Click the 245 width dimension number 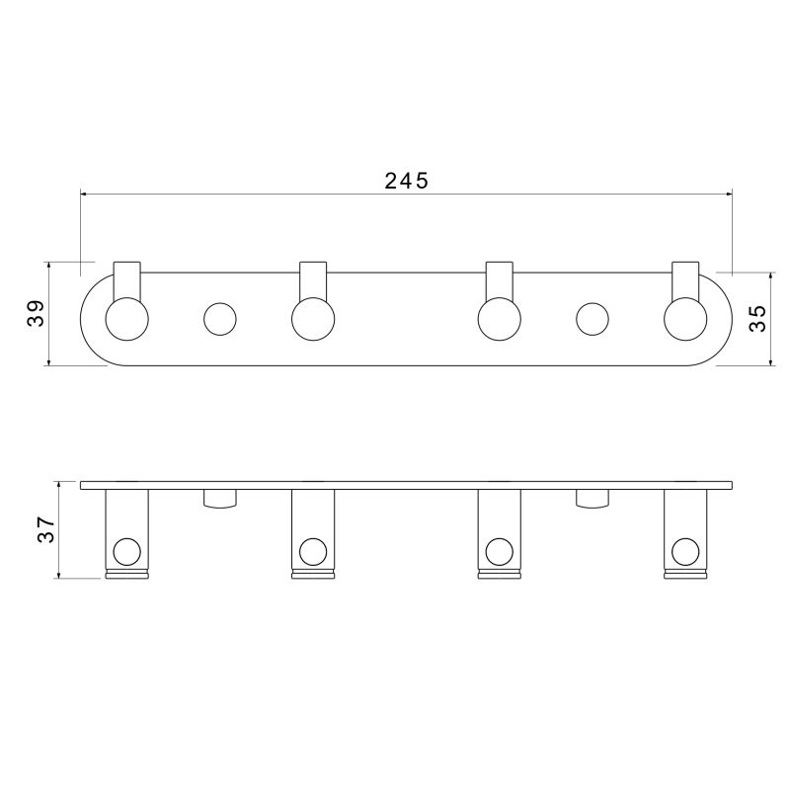click(406, 180)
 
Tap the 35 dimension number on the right click(757, 318)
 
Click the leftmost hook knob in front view click(127, 318)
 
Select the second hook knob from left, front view click(313, 318)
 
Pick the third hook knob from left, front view click(499, 318)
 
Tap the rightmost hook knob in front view click(684, 318)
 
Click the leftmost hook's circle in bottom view click(127, 550)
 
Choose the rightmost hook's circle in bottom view click(684, 550)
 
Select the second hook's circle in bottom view click(313, 550)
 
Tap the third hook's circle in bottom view click(499, 550)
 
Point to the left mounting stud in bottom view click(220, 499)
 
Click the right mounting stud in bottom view click(592, 499)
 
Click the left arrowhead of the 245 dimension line click(85, 194)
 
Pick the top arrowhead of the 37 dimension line click(61, 486)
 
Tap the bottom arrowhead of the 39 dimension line click(48, 360)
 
